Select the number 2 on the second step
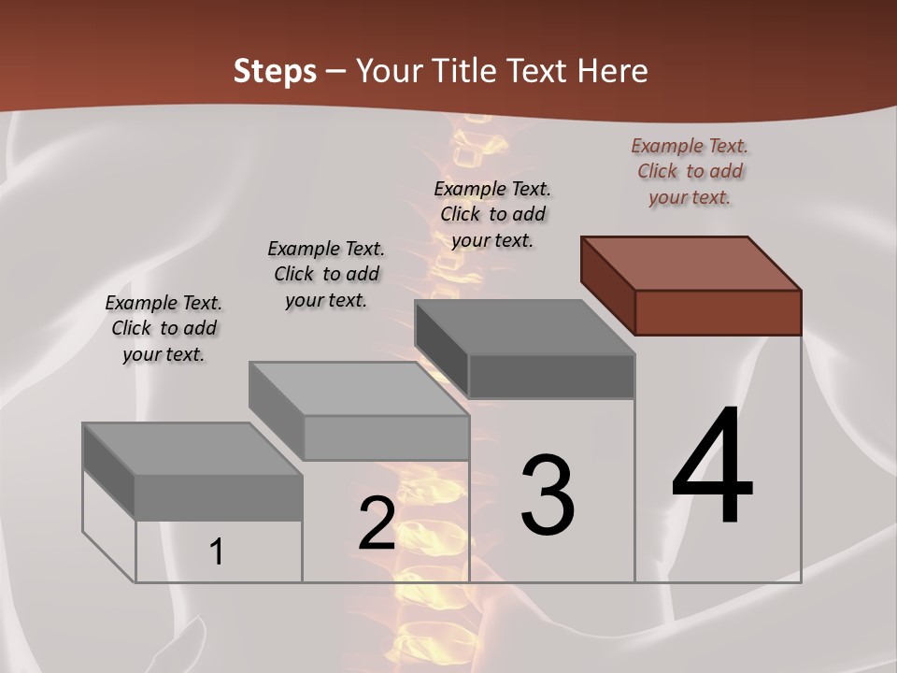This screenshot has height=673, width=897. [377, 524]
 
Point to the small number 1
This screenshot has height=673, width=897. [217, 551]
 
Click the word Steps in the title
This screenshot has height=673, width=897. [275, 71]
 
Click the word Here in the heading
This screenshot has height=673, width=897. [613, 71]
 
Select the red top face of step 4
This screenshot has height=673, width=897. [691, 263]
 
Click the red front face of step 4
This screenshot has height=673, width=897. [718, 312]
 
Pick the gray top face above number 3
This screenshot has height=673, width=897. [524, 327]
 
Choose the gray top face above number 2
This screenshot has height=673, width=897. [358, 389]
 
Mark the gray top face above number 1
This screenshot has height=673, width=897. [192, 449]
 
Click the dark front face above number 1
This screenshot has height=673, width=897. [219, 497]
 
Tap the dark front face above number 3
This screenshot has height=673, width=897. [551, 376]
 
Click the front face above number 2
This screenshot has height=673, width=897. [386, 437]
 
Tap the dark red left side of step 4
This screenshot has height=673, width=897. [607, 284]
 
